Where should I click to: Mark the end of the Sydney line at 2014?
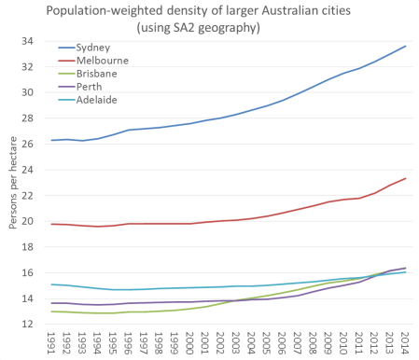(x=404, y=47)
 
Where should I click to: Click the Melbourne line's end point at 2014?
(x=404, y=178)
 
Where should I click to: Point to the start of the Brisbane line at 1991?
(x=51, y=312)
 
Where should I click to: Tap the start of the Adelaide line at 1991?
(x=51, y=284)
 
